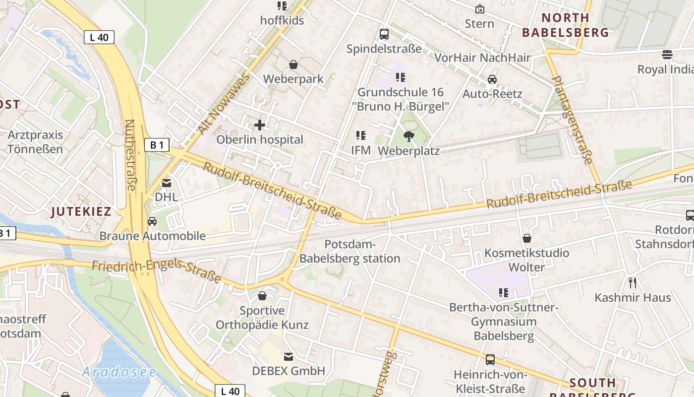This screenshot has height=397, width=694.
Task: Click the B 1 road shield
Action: point(157,145)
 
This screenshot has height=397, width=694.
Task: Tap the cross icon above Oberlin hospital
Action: point(259,125)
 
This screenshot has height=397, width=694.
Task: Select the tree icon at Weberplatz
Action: point(409,136)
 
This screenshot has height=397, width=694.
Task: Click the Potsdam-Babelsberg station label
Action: point(350,251)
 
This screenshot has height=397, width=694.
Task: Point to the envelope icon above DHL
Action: point(166,183)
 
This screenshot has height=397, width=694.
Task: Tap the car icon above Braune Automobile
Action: point(152,221)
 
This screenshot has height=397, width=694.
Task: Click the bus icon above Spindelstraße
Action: point(384,34)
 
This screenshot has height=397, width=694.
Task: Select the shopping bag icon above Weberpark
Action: point(293,65)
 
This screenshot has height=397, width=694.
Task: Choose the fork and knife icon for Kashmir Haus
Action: point(633,283)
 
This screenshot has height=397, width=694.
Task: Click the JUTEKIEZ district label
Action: point(81,211)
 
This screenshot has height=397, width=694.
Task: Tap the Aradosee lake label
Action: point(119,372)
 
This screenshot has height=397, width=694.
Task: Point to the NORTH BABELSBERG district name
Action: point(565,25)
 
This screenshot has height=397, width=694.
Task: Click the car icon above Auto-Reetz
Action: point(492,79)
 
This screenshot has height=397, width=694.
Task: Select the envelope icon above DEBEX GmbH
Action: point(288,356)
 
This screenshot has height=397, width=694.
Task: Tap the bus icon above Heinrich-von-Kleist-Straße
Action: point(490,360)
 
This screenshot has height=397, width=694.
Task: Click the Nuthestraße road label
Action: point(130,154)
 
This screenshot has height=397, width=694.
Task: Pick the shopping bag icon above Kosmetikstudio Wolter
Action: point(527,239)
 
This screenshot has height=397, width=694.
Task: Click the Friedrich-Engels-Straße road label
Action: point(156,270)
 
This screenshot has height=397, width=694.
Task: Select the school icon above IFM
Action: point(361,135)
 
